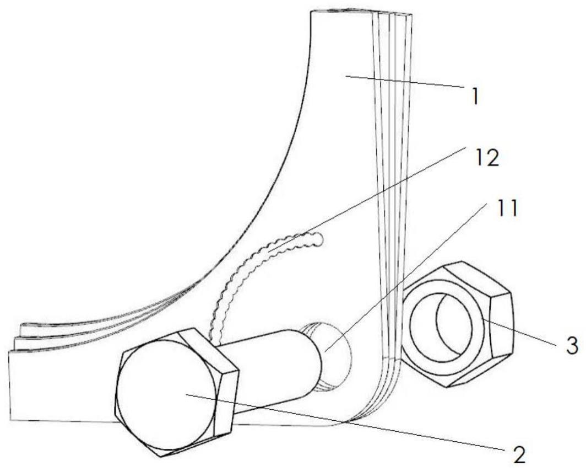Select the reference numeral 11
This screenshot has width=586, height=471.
coord(502,210)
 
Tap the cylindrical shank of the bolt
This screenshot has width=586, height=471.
coord(270,364)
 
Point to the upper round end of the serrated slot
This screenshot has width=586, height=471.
coord(317,238)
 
